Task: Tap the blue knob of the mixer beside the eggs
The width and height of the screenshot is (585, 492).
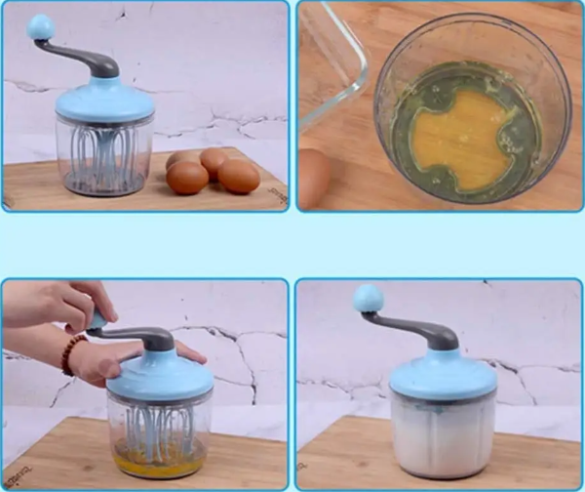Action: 42,27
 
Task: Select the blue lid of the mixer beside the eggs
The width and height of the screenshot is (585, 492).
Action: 104,102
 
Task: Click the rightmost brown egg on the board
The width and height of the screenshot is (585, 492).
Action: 239,176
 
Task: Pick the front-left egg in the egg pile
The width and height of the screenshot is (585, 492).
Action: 187,178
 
